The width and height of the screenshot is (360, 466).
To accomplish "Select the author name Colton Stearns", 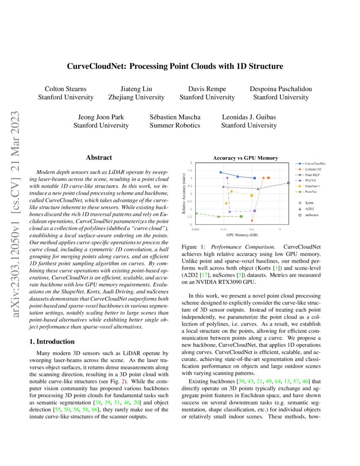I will (66, 89).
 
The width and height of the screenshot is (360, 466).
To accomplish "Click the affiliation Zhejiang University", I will (136, 97).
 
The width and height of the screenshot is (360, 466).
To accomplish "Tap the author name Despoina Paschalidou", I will (280, 89).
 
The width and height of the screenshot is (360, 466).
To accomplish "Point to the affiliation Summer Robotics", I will (175, 125).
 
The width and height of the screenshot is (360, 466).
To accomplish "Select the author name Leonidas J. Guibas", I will (249, 117).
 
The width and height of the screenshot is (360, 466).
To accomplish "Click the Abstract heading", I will (99, 158).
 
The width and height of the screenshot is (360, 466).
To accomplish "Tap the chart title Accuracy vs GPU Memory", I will (245, 158).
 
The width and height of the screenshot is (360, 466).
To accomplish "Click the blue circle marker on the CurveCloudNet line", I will (221, 172).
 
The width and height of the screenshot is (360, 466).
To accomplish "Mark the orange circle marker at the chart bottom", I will (252, 220).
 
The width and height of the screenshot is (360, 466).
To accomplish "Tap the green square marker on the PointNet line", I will (241, 216).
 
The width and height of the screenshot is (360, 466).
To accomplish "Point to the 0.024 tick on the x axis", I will (195, 229).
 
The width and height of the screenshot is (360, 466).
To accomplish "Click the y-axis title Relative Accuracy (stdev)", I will (184, 193).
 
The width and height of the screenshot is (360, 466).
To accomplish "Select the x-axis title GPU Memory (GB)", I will (242, 234).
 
